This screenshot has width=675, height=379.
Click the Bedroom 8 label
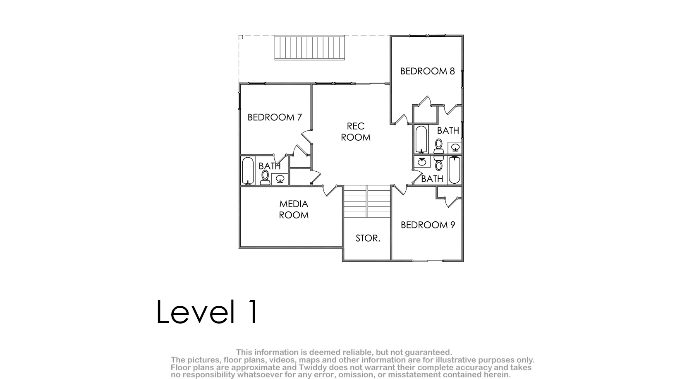(x=427, y=71)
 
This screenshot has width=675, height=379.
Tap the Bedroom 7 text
(x=275, y=117)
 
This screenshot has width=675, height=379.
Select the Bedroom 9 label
(x=428, y=225)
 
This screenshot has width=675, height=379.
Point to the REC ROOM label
(x=356, y=132)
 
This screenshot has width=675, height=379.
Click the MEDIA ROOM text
(x=294, y=209)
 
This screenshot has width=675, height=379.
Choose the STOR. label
(x=368, y=238)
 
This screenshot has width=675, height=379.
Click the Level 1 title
(x=207, y=312)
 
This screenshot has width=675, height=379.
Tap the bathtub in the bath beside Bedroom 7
(x=248, y=170)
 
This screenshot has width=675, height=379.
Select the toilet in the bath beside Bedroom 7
(x=265, y=178)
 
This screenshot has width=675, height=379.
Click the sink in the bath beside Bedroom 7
(x=280, y=179)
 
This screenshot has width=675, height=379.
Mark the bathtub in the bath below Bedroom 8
(x=421, y=139)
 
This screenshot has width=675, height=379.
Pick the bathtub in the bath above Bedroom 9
(x=454, y=170)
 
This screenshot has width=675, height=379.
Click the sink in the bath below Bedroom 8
(x=455, y=148)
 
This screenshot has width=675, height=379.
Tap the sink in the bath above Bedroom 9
(x=422, y=162)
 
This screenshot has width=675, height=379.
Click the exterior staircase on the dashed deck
(x=309, y=48)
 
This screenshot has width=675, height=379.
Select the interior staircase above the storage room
(x=367, y=201)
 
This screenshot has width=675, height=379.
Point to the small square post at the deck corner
(x=241, y=37)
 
